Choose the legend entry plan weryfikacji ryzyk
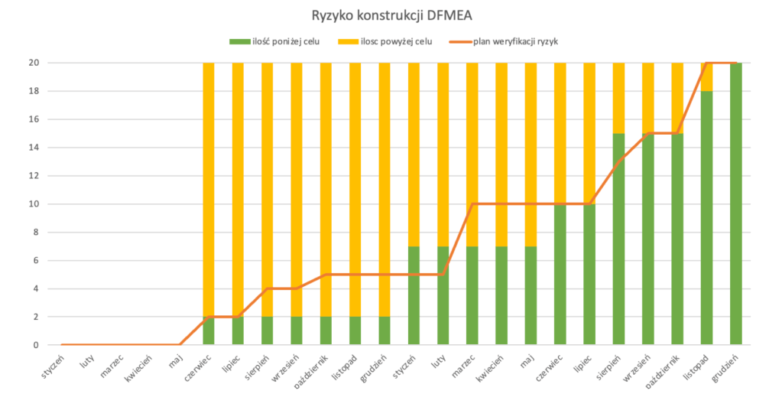[x=516, y=41]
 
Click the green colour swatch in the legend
[x=232, y=41]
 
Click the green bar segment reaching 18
[x=707, y=218]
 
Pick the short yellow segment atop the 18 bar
[x=707, y=77]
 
